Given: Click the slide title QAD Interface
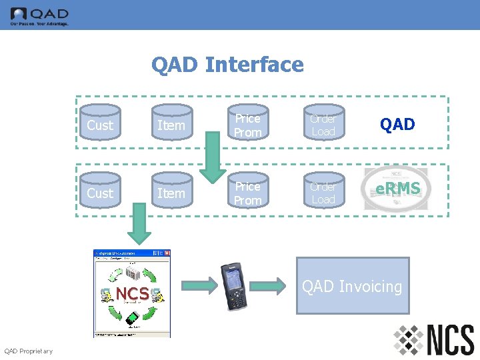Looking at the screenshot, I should pos(227,65).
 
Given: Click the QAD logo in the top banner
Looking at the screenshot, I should pos(39,15).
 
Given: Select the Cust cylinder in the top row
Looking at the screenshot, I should pos(100,125).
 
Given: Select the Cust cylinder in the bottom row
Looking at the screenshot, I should pos(100,193).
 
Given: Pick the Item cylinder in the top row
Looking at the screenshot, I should pos(171,125).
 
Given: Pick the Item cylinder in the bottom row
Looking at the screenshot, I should pos(171,193).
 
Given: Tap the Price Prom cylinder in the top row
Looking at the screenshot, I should pos(247,125).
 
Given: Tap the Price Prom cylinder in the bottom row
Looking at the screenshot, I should pos(247,193).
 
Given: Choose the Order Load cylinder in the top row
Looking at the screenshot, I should pos(323,125).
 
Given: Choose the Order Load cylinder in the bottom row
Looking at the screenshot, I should pos(323,193).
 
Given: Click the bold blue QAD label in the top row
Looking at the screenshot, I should pos(397,125).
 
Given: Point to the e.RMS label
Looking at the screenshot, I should pos(397,189).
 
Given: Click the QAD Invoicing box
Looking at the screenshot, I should pos(352,287).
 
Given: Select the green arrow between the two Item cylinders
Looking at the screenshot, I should pos(214,157).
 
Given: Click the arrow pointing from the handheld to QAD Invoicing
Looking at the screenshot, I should pos(270,287).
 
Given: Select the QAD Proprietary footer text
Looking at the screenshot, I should pos(28,351).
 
